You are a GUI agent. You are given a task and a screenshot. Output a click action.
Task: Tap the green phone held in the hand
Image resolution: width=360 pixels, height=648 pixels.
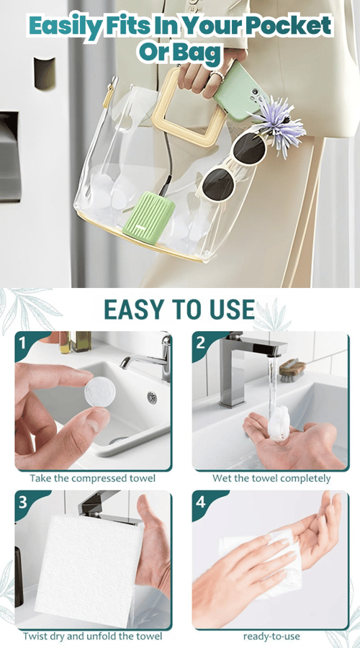pos(239,90)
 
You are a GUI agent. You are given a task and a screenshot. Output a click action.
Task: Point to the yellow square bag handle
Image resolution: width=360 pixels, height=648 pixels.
pos(189,108)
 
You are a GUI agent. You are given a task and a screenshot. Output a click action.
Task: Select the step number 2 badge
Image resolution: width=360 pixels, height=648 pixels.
pos(200,343)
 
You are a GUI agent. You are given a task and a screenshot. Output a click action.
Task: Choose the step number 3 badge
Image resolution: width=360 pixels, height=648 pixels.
pos(22,502)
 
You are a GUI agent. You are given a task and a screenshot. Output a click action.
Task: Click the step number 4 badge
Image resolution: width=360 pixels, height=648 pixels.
pos(200,502)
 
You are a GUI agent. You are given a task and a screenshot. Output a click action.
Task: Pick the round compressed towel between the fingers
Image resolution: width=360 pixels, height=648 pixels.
pos(100,391)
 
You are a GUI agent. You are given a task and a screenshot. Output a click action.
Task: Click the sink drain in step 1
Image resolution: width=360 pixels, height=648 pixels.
pos(152,397)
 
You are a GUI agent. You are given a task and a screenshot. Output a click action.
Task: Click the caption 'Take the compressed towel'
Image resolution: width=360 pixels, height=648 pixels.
pos(93,479)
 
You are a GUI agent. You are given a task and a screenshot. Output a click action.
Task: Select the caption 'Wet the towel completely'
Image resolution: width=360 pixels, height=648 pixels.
pos(271,479)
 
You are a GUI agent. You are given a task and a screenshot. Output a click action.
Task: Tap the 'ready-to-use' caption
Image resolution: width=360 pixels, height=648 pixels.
pos(271,636)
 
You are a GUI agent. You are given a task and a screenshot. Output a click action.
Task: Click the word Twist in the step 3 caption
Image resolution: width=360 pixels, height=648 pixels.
pos(35,636)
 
